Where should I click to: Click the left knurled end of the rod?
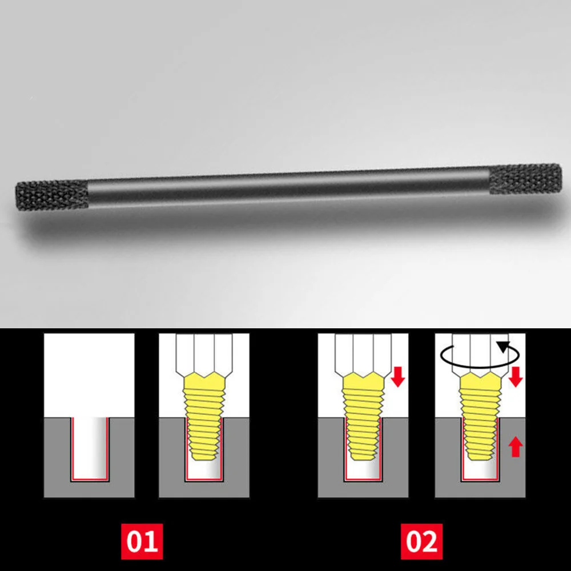tap(51, 196)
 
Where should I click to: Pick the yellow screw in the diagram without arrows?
tap(204, 420)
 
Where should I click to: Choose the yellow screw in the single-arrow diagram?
tap(363, 420)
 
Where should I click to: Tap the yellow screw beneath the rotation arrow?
tap(480, 420)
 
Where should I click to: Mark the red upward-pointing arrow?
tap(516, 447)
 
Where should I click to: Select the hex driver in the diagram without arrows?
tap(204, 351)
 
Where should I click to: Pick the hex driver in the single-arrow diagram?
tap(363, 351)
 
